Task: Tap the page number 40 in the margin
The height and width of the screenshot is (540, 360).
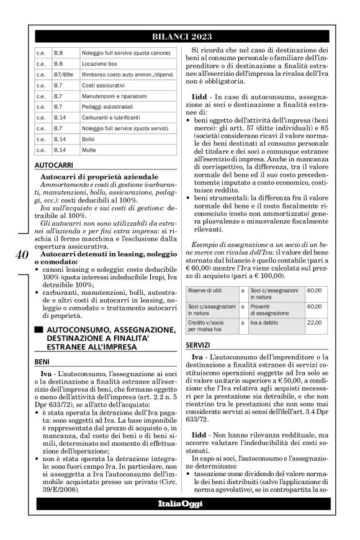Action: click(x=20, y=255)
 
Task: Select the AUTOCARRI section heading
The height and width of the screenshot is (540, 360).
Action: click(x=52, y=166)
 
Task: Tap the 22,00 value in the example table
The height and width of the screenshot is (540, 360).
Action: click(x=313, y=323)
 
